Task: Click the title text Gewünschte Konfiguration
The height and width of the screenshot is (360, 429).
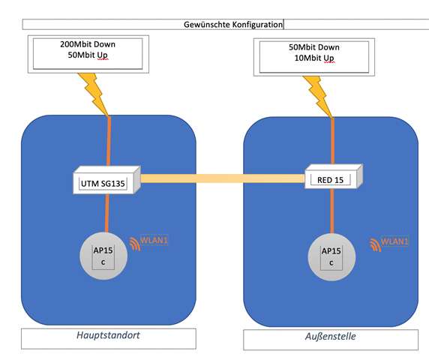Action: pos(233,25)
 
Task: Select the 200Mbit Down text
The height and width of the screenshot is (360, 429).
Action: pos(88,44)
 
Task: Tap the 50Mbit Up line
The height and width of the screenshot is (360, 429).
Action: pos(88,55)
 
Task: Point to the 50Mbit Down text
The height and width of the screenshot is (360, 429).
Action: pos(314,47)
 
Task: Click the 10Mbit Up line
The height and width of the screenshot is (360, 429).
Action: pos(314,58)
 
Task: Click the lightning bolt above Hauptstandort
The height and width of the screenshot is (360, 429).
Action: pos(94,94)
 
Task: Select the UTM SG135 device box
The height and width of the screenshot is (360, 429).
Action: pos(107,180)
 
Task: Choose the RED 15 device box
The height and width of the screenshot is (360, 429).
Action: pos(334,176)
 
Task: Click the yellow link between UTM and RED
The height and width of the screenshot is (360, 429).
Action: pos(223,178)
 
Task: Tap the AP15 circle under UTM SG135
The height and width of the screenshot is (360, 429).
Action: pos(103,256)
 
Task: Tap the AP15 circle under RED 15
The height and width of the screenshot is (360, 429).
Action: pos(331,257)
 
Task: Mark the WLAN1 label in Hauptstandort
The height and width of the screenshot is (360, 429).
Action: pos(154,240)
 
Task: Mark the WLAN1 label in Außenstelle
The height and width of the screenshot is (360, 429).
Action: pos(394,241)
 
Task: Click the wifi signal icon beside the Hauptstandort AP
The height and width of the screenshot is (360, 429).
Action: pos(135,244)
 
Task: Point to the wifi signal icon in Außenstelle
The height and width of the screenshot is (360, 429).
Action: pos(375,245)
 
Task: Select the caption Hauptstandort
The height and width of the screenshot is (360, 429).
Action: pos(108,335)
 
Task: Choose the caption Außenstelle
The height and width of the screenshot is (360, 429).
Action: pos(331,336)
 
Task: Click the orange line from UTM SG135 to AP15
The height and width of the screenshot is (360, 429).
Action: pos(107,213)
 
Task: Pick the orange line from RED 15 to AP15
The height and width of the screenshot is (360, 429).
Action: pos(332,211)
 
